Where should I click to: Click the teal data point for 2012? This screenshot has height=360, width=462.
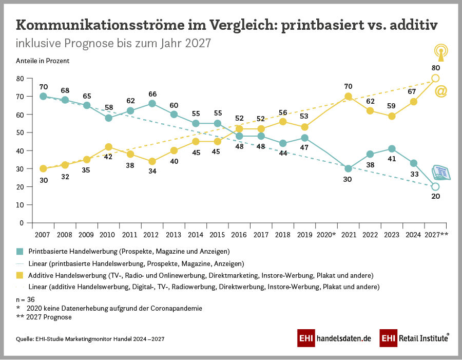[152, 103]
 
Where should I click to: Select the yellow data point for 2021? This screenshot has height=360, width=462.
[348, 97]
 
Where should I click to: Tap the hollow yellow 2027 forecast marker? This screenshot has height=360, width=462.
[435, 78]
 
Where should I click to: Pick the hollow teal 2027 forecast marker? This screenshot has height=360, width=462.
[435, 186]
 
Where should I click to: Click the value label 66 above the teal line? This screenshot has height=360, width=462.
[152, 93]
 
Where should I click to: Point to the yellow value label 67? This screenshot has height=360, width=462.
[413, 91]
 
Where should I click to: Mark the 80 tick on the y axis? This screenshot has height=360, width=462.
[20, 78]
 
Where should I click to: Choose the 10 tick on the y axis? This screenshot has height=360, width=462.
[20, 205]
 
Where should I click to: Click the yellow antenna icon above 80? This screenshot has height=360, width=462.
[440, 52]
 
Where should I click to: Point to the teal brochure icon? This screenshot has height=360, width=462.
[441, 173]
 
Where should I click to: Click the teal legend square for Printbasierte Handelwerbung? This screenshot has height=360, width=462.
[20, 252]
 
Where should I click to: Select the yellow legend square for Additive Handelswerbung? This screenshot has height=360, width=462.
[20, 275]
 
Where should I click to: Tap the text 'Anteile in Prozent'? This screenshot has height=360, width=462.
[43, 60]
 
